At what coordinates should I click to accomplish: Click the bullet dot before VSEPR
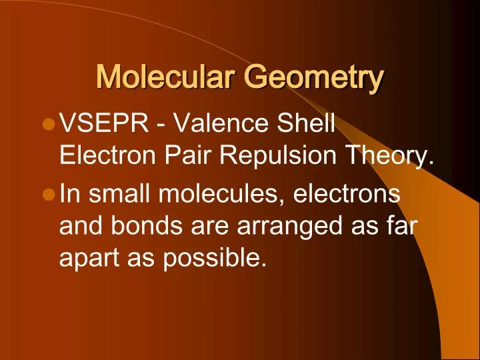point(47,125)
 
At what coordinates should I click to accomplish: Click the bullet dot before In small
point(47,194)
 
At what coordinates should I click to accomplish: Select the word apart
point(87,258)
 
